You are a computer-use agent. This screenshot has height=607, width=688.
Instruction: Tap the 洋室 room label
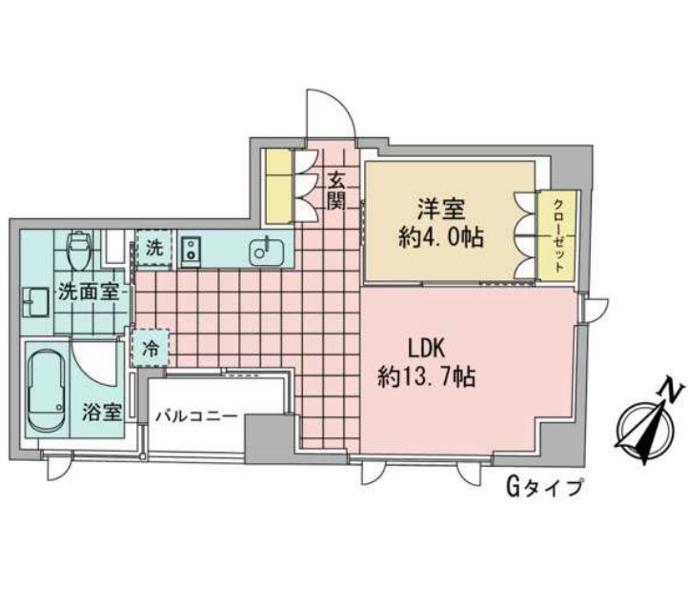tap(439, 207)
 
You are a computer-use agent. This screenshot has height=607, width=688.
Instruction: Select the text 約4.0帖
tap(439, 236)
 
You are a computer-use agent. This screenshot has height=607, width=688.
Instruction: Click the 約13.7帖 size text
tap(426, 378)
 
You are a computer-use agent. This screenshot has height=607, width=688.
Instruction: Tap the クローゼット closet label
tap(558, 235)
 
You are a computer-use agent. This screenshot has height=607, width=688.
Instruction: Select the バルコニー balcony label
tap(197, 415)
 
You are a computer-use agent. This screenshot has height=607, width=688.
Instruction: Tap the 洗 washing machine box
tap(153, 249)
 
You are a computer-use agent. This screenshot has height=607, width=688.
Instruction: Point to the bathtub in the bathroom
tap(47, 391)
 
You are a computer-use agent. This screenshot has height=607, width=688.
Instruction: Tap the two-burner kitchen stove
tap(190, 252)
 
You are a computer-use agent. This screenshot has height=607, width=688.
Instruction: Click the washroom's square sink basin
tap(35, 300)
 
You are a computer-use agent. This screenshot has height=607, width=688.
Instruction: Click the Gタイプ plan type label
tap(543, 489)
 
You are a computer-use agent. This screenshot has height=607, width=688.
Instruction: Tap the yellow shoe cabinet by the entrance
tap(279, 184)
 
